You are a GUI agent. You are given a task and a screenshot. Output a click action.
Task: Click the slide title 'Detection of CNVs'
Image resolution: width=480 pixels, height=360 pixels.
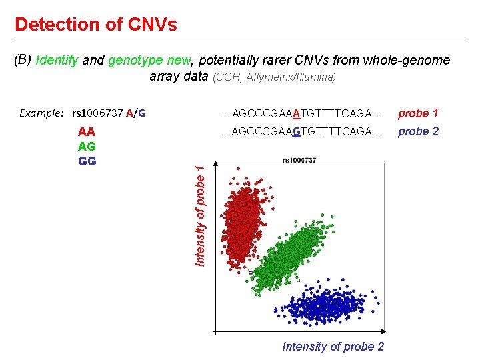pyautogui.click(x=95, y=25)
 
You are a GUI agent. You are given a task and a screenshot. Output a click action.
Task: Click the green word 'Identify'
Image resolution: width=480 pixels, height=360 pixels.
pyautogui.click(x=57, y=61)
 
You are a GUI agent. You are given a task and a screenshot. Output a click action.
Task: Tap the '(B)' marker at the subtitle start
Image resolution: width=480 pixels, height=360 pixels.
pyautogui.click(x=23, y=61)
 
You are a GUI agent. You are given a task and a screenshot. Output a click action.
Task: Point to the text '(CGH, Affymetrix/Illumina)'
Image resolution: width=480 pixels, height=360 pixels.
pyautogui.click(x=274, y=77)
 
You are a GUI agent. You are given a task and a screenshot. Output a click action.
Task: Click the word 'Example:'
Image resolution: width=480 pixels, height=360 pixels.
pyautogui.click(x=41, y=113)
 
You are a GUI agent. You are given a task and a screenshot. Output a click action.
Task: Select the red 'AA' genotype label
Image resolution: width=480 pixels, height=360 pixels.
pyautogui.click(x=87, y=132)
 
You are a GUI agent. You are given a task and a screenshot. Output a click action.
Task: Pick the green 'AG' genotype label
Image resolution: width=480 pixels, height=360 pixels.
pyautogui.click(x=87, y=146)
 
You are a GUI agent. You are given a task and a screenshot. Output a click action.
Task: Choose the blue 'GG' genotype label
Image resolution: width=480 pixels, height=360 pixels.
pyautogui.click(x=87, y=161)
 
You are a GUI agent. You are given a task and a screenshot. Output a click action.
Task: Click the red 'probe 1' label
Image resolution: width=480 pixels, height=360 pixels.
pyautogui.click(x=418, y=113)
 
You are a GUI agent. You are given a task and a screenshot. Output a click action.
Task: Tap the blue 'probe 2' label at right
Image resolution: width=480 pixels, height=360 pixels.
pyautogui.click(x=418, y=131)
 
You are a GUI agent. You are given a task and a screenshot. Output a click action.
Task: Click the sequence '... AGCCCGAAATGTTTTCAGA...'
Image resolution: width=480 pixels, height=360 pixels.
pyautogui.click(x=300, y=113)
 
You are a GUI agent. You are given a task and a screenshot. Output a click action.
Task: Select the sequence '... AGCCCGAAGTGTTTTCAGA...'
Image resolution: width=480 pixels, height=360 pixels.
pyautogui.click(x=300, y=131)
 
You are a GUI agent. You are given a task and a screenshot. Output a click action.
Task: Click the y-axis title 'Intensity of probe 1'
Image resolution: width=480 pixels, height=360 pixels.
pyautogui.click(x=199, y=215)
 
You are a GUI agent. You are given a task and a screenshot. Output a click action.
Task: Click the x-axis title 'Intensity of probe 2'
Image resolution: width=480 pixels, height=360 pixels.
pyautogui.click(x=333, y=346)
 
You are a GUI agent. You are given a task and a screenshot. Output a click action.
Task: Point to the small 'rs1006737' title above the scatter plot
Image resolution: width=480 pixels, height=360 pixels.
pyautogui.click(x=299, y=160)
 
